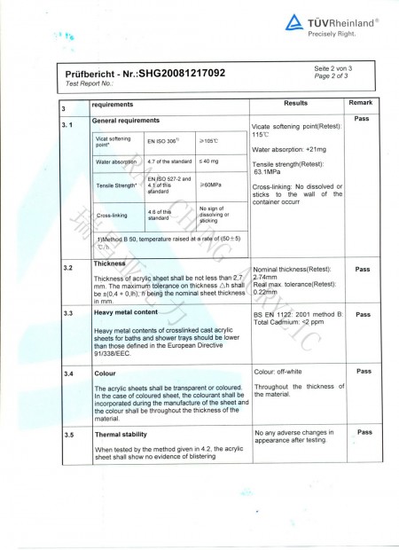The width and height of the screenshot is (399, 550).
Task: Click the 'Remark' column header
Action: pos(362,104)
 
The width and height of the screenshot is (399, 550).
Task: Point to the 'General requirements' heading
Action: pos(126,119)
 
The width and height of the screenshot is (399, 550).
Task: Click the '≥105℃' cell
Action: pos(211,140)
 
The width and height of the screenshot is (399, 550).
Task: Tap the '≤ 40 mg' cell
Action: pos(211,162)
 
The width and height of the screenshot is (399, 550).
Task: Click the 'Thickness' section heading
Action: pos(111,264)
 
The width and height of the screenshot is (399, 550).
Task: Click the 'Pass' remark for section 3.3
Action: pos(362,314)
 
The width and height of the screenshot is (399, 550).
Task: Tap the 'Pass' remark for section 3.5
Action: pos(362,433)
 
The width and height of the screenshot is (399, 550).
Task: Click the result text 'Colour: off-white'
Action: pos(282,372)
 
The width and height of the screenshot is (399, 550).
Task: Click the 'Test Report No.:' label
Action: pos(90,82)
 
